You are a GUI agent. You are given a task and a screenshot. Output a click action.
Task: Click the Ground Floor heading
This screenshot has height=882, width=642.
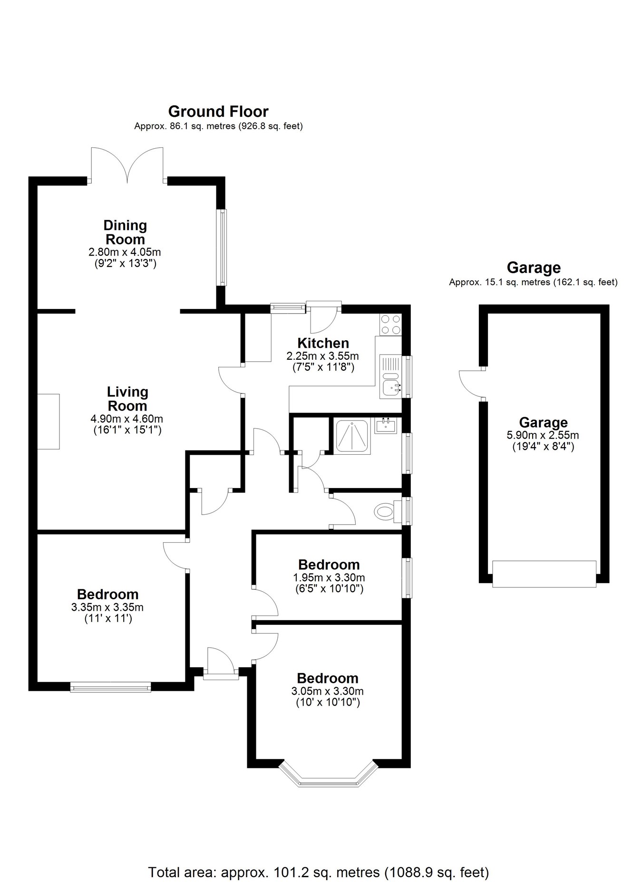pos(218,112)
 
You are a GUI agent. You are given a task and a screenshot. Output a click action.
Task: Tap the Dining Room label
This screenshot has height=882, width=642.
pos(125,232)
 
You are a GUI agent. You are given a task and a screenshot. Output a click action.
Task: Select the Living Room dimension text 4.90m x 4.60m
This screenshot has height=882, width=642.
pos(126,419)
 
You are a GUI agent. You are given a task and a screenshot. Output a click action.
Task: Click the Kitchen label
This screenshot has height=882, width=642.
pos(323,343)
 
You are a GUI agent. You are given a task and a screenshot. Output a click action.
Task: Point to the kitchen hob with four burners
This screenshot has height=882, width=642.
pos(390,325)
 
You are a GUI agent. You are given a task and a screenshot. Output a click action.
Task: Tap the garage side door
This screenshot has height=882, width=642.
pos(471,383)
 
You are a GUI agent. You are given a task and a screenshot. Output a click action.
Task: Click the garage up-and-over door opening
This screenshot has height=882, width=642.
pos(544,574)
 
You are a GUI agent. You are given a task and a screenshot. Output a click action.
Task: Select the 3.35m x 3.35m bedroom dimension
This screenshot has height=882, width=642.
pos(107,607)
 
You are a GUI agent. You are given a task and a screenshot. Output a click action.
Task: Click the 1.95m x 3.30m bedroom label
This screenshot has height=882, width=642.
pos(329,565)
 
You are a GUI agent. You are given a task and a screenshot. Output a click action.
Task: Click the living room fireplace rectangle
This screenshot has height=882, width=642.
pos(49,421)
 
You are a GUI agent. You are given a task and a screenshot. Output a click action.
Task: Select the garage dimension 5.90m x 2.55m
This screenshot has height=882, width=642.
pos(543,435)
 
